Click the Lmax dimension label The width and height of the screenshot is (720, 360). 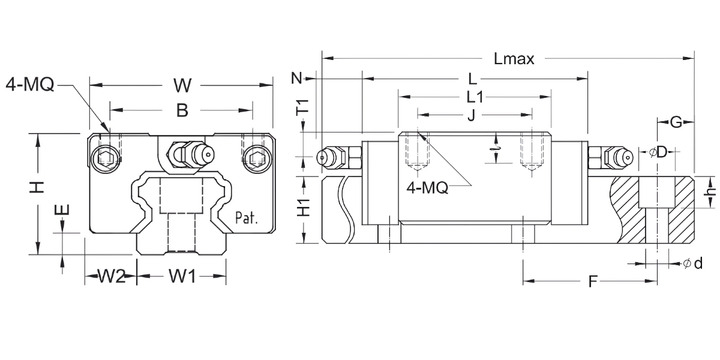514,59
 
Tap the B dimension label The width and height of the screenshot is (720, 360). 182,110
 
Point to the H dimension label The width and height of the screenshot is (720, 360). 38,187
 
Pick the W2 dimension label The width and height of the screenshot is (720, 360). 111,277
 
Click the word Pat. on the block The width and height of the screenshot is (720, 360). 246,217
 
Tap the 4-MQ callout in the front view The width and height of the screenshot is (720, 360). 29,85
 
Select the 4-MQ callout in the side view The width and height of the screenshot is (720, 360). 427,187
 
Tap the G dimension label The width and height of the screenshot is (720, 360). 676,123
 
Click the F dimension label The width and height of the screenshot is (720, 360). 592,281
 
